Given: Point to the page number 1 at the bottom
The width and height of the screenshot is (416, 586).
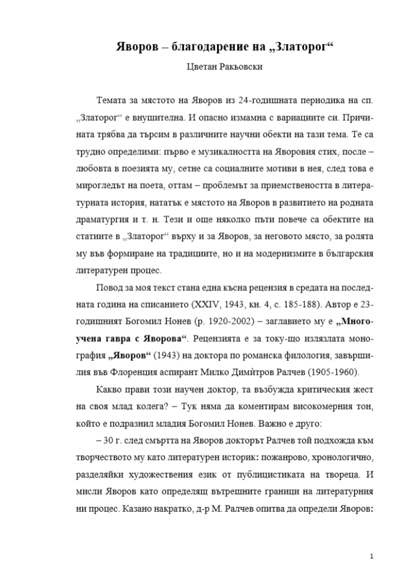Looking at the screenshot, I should coord(372,557).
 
